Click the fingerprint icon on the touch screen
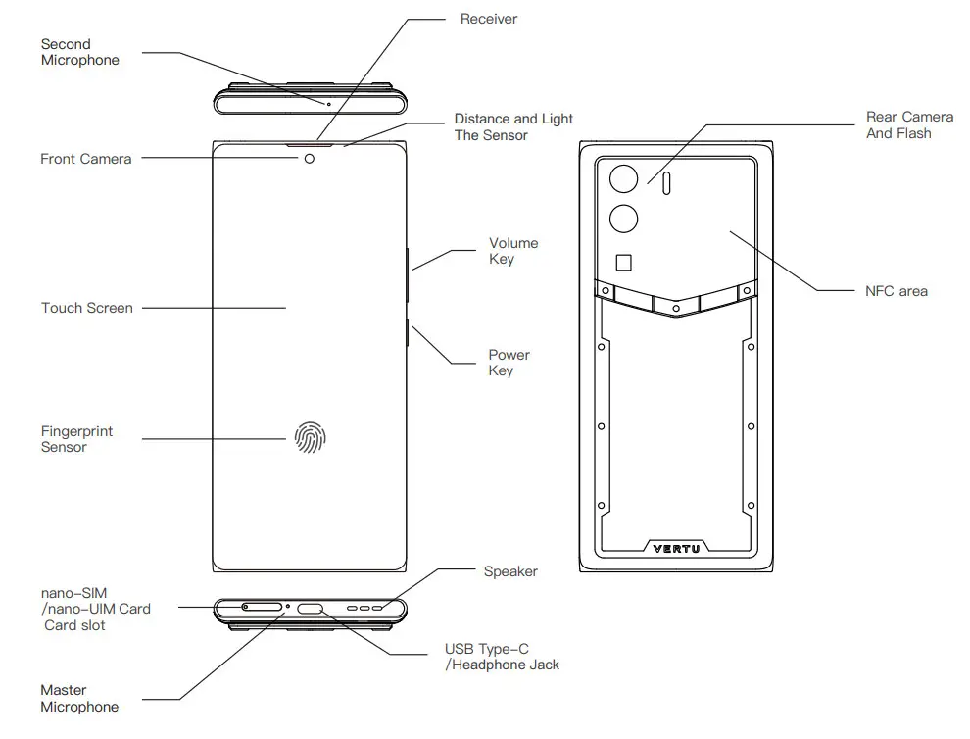(311, 437)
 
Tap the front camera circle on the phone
(311, 159)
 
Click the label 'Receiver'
(488, 19)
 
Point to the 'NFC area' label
(896, 291)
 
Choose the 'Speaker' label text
(510, 571)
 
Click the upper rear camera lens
(624, 178)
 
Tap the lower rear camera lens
(624, 219)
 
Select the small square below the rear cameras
(624, 262)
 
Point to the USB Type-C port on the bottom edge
(312, 609)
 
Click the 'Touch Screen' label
(86, 308)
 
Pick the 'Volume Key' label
(513, 251)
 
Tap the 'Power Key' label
(509, 363)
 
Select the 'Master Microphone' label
(79, 699)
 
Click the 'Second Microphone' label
(79, 52)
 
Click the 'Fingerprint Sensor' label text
(76, 439)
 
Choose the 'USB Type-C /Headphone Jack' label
(502, 657)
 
